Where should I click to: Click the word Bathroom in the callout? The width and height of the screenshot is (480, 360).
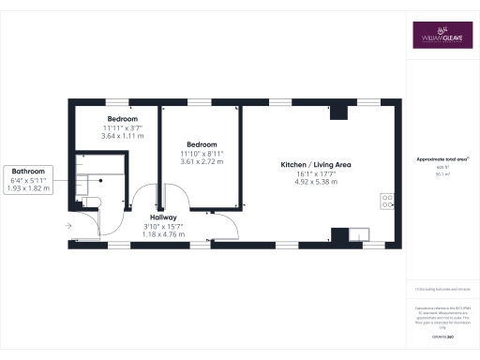coord(28,171)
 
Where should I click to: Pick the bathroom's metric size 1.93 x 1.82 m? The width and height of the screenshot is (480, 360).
coord(28,188)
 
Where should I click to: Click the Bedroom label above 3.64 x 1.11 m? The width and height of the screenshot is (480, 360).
coord(123,120)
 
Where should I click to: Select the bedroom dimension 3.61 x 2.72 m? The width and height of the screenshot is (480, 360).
coord(202,161)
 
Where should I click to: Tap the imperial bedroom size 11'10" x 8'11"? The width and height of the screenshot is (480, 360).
coord(202,152)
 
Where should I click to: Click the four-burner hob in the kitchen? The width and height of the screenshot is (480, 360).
coord(385,199)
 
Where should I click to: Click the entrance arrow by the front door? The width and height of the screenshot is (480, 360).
coord(67,226)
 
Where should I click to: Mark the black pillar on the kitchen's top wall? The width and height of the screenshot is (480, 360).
coord(339,112)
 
